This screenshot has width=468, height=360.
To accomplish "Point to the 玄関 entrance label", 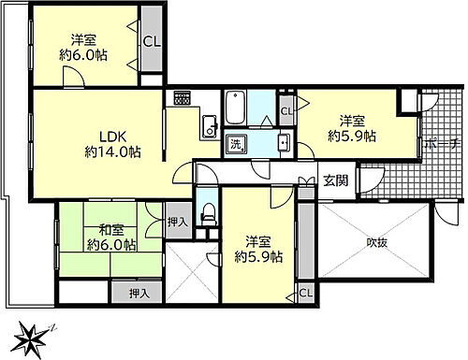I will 336,180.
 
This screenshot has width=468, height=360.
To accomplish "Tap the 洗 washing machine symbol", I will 237,144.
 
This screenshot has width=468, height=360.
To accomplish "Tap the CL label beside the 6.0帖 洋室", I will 151,41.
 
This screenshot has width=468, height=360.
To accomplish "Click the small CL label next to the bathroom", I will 286,110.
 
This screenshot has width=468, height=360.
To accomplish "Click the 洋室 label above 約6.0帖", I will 83,39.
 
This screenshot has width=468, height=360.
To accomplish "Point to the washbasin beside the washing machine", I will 284,144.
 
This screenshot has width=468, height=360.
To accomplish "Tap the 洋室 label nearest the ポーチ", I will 352,120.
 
